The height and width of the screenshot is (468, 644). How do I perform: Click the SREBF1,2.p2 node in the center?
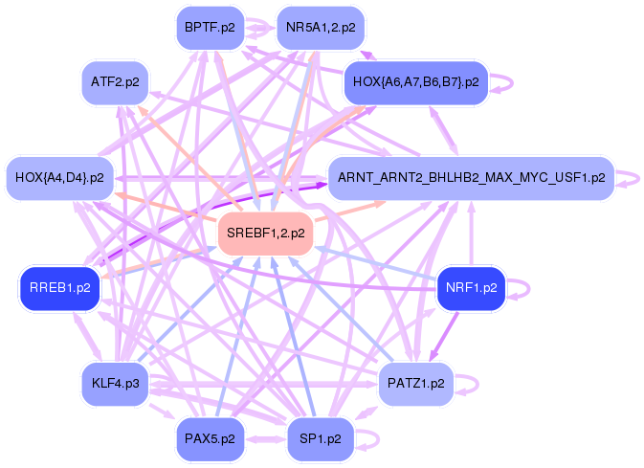(266, 234)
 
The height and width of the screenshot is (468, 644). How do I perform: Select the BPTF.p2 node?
(210, 28)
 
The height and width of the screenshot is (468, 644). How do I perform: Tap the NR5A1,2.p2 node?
(320, 28)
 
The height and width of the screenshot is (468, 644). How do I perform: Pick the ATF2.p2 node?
(115, 81)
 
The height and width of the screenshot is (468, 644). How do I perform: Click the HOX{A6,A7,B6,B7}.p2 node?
(416, 82)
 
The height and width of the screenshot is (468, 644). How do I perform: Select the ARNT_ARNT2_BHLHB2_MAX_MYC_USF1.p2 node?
(471, 178)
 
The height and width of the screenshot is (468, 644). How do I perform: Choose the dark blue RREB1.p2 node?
(59, 287)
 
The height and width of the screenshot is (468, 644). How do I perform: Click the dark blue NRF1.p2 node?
(471, 287)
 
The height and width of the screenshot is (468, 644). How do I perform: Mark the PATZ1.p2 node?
(416, 384)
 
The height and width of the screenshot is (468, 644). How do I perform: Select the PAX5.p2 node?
(211, 438)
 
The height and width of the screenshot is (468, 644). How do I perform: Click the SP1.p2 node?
(321, 438)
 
